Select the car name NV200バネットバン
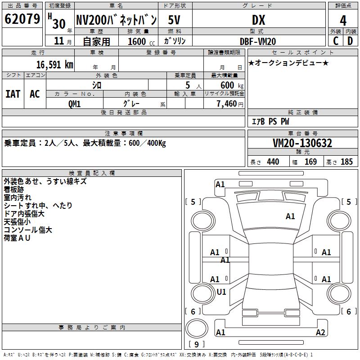click(116, 20)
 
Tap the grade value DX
click(258, 20)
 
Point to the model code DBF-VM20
click(258, 41)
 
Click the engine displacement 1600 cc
click(139, 41)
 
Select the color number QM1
click(74, 103)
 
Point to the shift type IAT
click(13, 94)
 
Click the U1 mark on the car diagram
click(221, 292)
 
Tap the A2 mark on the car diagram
click(320, 333)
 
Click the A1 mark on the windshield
click(290, 216)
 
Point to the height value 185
click(346, 162)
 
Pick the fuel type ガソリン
click(175, 41)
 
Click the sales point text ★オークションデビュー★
click(288, 63)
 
